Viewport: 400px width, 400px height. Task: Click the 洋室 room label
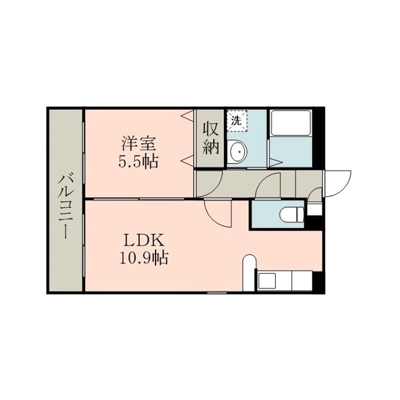pos(138,144)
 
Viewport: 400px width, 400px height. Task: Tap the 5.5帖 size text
pos(138,161)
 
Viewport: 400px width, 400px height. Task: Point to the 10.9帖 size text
pos(144,257)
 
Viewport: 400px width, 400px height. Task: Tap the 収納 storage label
pos(211,139)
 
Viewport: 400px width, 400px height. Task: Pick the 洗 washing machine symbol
pos(237,121)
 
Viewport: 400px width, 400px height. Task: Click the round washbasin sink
pos(239,151)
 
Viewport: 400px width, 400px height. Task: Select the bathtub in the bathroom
pos(291,122)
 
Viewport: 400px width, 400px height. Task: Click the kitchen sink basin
pos(267,281)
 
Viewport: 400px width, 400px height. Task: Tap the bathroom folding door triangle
pos(276,162)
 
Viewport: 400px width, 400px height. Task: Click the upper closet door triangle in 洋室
pos(187,116)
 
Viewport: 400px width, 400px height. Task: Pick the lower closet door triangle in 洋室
pos(187,161)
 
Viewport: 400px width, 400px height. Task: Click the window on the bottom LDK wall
pos(217,292)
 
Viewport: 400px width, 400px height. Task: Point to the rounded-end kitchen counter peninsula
pos(249,272)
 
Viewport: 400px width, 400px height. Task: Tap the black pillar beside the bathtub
pos(318,138)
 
